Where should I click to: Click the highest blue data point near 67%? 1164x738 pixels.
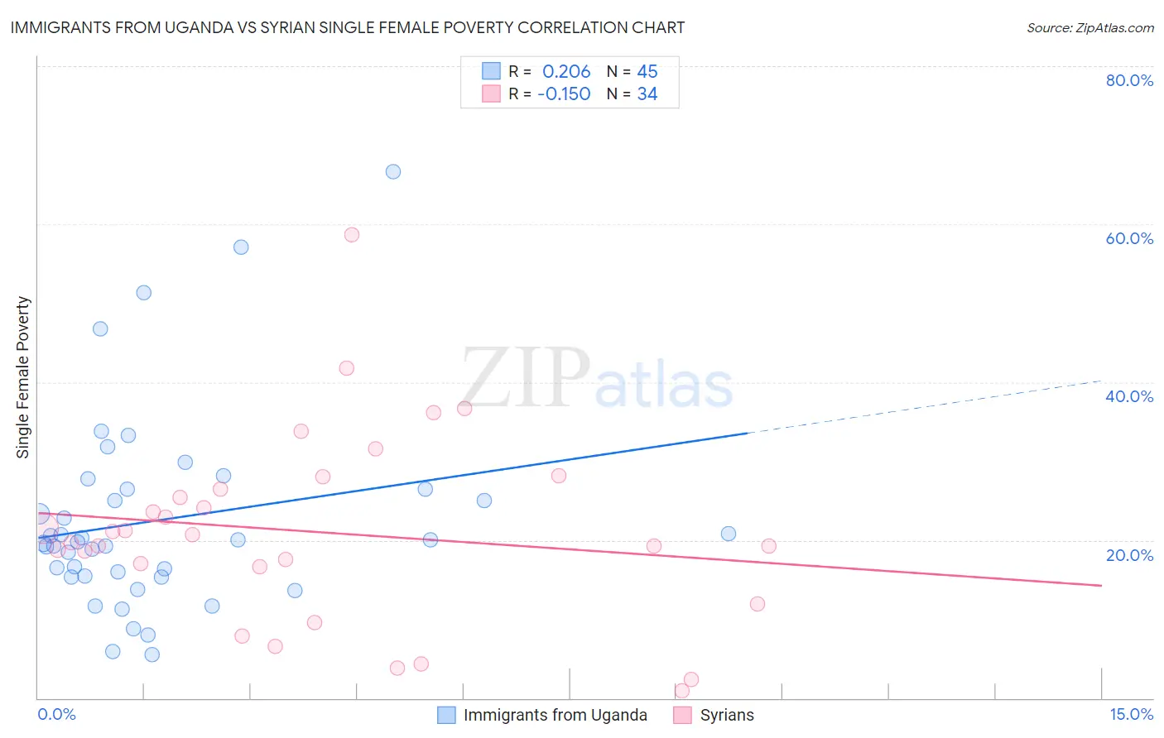point(393,172)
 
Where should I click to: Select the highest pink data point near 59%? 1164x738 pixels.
point(352,235)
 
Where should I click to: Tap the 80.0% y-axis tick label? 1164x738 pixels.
point(1129,80)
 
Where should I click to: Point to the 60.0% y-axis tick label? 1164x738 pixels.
point(1129,238)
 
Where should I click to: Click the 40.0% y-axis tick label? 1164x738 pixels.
point(1129,396)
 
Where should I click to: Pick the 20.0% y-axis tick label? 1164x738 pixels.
point(1129,555)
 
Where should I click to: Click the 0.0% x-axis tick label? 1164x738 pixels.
point(57,714)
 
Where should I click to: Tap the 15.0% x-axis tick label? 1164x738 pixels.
point(1131,714)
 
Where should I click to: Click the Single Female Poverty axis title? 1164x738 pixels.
point(23,377)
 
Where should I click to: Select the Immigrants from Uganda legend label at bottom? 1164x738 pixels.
point(555,715)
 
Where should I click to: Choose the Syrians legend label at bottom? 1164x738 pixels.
point(727,715)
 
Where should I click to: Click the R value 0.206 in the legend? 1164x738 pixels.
point(566,72)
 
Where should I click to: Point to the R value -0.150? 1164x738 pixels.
point(564,94)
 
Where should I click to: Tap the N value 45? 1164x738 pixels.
point(647,72)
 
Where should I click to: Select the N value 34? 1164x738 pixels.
point(647,94)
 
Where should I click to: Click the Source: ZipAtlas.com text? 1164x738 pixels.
point(1089,28)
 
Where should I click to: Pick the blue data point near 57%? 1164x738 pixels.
point(241,247)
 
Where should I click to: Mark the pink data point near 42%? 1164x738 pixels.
point(347,368)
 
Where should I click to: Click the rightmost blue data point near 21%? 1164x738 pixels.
point(729,534)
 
